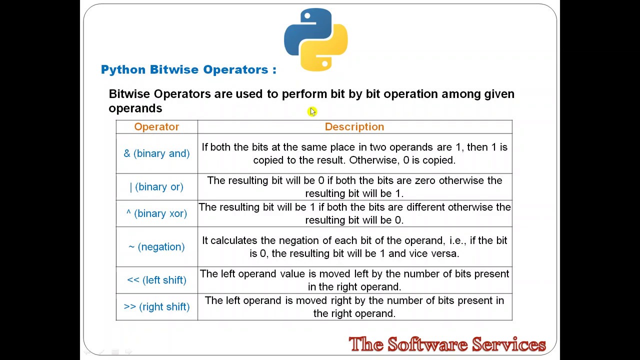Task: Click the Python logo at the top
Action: pyautogui.click(x=316, y=39)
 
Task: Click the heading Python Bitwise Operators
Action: pyautogui.click(x=188, y=69)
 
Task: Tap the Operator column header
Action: pyautogui.click(x=156, y=127)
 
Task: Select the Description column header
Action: pyautogui.click(x=354, y=127)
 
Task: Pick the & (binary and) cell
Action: pyautogui.click(x=156, y=153)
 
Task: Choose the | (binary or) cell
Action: pyautogui.click(x=156, y=187)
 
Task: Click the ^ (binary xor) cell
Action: pyautogui.click(x=156, y=213)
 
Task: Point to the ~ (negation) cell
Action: pyautogui.click(x=156, y=247)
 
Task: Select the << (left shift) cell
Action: pyautogui.click(x=156, y=280)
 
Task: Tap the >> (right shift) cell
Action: pyautogui.click(x=156, y=307)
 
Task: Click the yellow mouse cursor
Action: pyautogui.click(x=312, y=111)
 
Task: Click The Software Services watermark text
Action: pyautogui.click(x=447, y=344)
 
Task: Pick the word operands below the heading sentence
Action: pyautogui.click(x=135, y=108)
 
